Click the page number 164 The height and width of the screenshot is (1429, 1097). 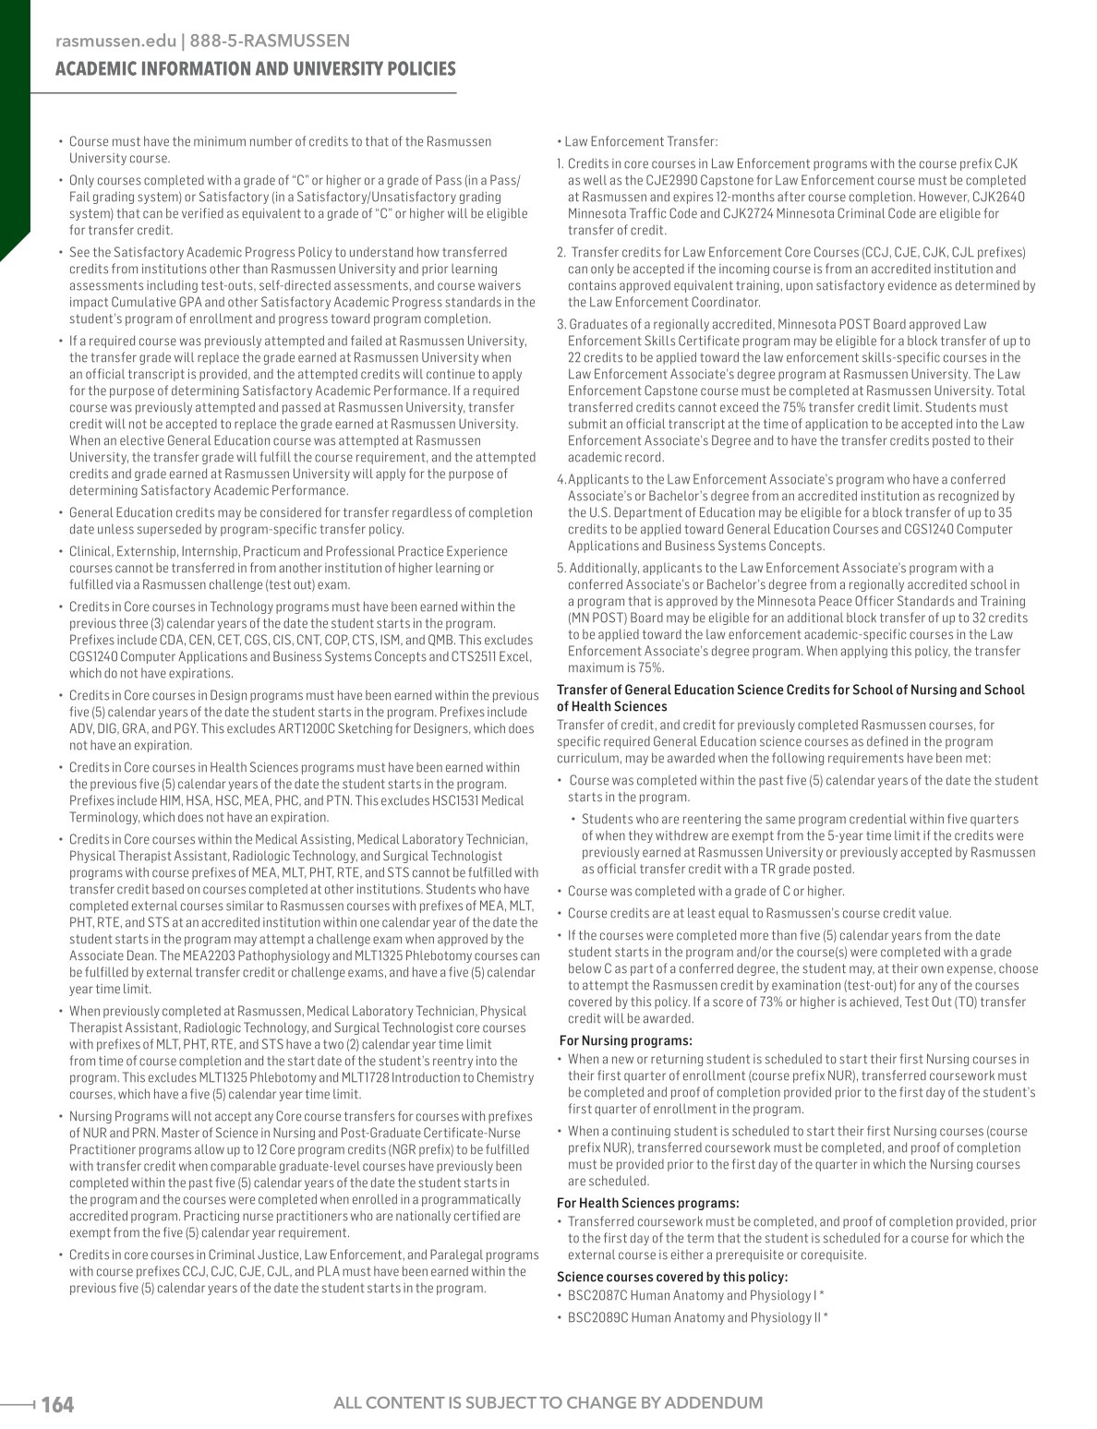(x=57, y=1404)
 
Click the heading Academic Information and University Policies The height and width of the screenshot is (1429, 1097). (x=256, y=69)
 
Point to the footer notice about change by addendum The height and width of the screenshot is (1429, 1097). (x=548, y=1403)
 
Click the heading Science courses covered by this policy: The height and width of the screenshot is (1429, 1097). (x=672, y=1277)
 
